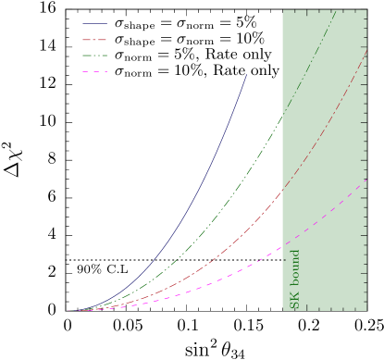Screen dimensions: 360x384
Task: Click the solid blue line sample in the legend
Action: coord(94,24)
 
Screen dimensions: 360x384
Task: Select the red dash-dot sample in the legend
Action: coord(94,40)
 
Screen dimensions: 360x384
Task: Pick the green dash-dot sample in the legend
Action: coord(94,56)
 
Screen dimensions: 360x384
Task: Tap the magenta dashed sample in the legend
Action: coord(94,71)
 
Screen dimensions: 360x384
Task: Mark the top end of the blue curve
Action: coord(247,74)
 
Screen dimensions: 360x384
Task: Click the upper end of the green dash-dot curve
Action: coord(281,118)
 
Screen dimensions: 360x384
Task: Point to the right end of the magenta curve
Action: coord(366,180)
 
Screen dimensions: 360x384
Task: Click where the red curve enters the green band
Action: coord(282,192)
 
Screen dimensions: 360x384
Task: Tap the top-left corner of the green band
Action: coord(282,11)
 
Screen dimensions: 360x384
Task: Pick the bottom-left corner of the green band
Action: coord(282,310)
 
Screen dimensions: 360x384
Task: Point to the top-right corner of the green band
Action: coord(366,11)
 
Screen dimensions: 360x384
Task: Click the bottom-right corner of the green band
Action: coord(366,310)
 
